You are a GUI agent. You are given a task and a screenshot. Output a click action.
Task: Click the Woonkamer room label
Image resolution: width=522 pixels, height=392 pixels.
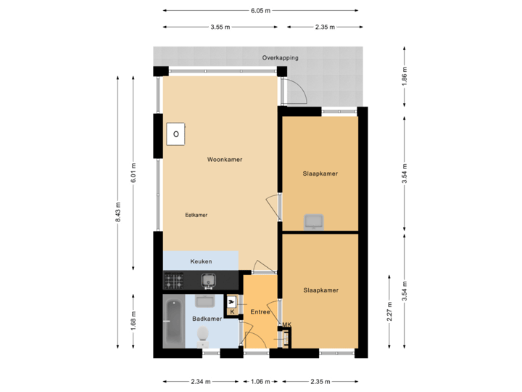coord(224,159)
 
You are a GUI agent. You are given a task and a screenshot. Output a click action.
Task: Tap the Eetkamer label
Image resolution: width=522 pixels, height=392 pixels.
coord(196,215)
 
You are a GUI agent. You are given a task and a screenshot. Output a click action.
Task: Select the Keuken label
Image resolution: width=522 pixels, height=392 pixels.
coord(201,261)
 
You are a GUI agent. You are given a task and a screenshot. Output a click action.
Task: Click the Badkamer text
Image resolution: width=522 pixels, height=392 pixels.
coord(207,319)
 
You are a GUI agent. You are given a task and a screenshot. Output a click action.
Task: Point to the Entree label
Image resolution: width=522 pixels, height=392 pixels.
coord(260,312)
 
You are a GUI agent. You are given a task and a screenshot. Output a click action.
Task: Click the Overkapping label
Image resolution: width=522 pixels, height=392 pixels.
coord(280,58)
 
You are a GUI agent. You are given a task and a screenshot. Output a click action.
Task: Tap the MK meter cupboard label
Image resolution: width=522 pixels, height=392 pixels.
coord(286,324)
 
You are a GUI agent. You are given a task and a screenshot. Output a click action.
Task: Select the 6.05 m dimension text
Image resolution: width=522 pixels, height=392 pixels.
coord(261,11)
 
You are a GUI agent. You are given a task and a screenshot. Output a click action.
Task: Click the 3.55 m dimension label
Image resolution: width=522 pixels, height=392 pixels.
coord(220,28)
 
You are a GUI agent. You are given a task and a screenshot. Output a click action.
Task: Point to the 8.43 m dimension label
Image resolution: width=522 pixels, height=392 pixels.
coord(118,212)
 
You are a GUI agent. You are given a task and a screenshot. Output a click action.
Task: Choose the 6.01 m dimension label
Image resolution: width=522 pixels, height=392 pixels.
coord(133,171)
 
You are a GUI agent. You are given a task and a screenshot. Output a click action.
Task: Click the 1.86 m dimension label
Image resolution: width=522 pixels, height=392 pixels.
coord(405,75)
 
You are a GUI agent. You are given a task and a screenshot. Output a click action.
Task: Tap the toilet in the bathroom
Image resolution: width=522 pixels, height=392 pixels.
coord(204,335)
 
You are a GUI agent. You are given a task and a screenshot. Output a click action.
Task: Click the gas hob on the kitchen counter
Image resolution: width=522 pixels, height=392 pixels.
coord(174,279)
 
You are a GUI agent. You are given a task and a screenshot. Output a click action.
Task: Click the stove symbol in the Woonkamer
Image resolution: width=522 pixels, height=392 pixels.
coord(175,134)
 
